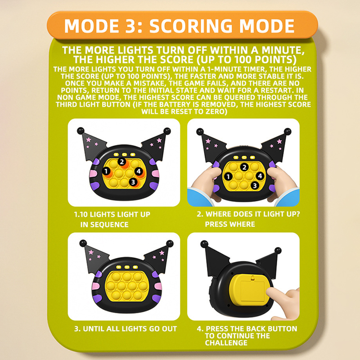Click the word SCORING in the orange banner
click(x=191, y=26)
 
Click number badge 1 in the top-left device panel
click(x=106, y=171)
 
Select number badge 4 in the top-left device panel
click(x=139, y=171)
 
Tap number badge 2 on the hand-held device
click(x=244, y=167)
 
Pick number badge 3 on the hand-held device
click(x=255, y=185)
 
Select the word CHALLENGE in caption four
click(x=226, y=343)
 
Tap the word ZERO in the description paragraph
click(x=215, y=112)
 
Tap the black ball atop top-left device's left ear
click(x=81, y=130)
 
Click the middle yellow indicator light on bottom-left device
click(x=127, y=267)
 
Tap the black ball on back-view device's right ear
click(x=278, y=251)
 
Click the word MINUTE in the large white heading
click(x=283, y=50)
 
